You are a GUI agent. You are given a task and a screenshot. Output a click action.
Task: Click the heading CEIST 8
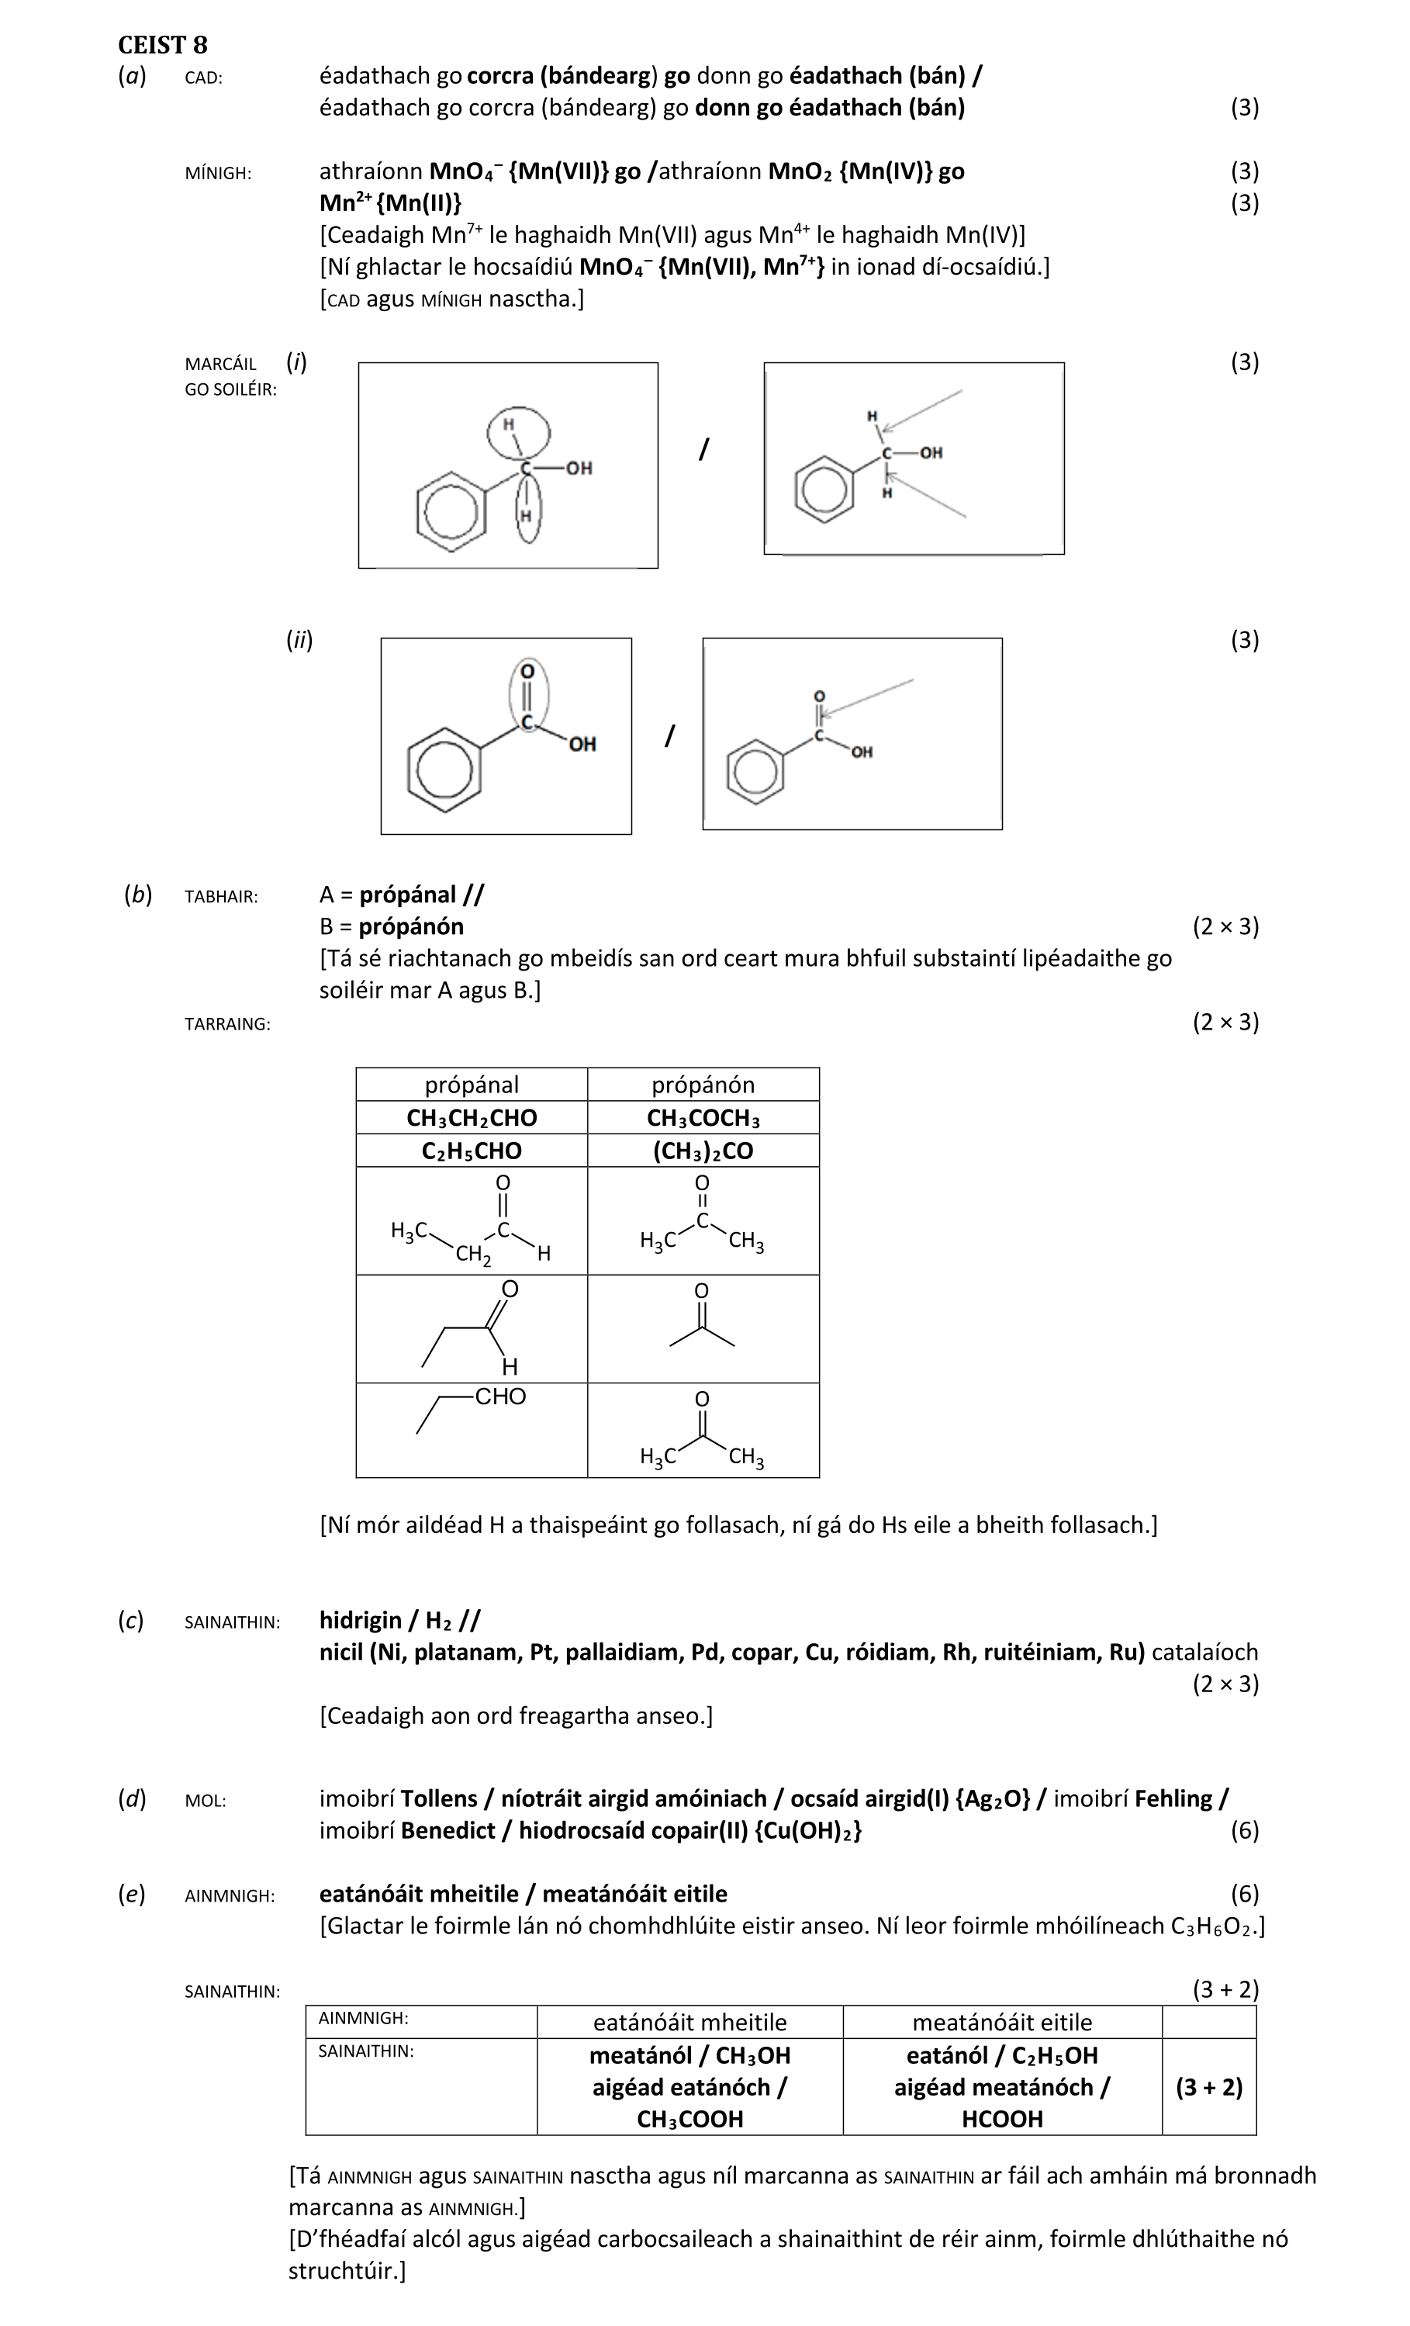(162, 45)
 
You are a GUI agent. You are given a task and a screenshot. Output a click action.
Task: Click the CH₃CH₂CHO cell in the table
(471, 1118)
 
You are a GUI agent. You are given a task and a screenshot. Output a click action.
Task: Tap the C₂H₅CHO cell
(471, 1151)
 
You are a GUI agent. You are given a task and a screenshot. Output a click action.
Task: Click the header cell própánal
(471, 1085)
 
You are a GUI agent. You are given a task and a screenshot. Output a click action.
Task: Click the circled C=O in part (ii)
(527, 697)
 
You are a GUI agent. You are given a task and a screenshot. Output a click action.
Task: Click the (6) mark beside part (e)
(1244, 1894)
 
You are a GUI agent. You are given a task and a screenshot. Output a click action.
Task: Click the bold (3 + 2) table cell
(1208, 2087)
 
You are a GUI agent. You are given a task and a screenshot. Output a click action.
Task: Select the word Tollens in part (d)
(438, 1798)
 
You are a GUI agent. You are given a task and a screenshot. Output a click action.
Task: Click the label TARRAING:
(227, 1024)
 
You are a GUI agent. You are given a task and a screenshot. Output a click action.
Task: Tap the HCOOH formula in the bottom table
(1001, 2120)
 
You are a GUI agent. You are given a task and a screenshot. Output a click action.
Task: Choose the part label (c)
(131, 1621)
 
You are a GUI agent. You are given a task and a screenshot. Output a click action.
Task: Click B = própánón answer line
(392, 926)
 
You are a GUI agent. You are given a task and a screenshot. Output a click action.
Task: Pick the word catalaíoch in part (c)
(1204, 1652)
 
